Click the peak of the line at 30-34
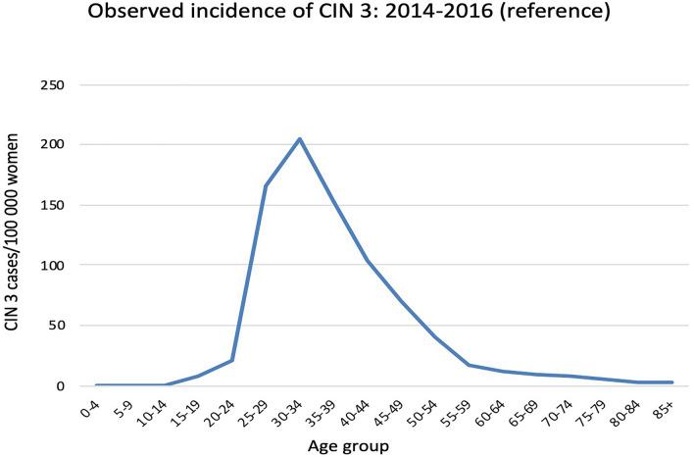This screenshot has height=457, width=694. coord(300,138)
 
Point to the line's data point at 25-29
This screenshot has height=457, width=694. coord(266,185)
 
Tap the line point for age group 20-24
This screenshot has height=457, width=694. coord(232,360)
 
